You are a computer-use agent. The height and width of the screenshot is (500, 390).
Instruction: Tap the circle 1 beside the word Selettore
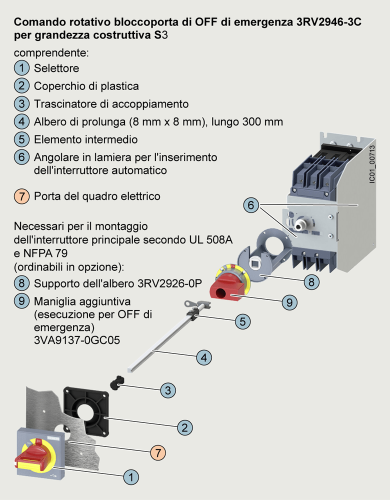click(21, 67)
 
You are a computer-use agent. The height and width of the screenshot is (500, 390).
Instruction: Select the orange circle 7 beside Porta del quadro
click(21, 196)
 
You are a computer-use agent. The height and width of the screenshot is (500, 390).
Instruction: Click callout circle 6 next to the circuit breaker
click(252, 205)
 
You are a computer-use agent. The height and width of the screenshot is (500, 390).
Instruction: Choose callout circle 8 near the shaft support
click(311, 282)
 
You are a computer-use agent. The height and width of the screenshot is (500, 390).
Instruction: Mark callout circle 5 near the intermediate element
click(242, 321)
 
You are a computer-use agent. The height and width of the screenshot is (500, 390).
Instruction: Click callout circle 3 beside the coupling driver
click(168, 390)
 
